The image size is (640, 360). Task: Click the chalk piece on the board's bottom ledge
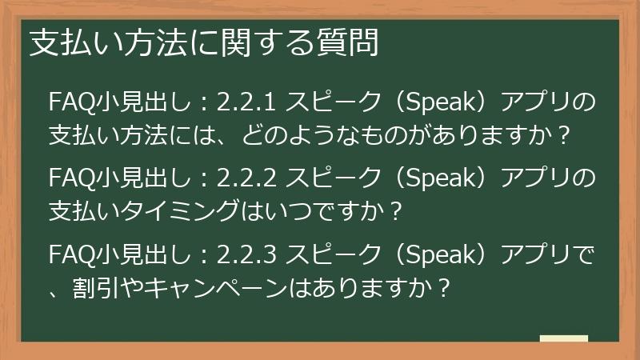563,338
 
